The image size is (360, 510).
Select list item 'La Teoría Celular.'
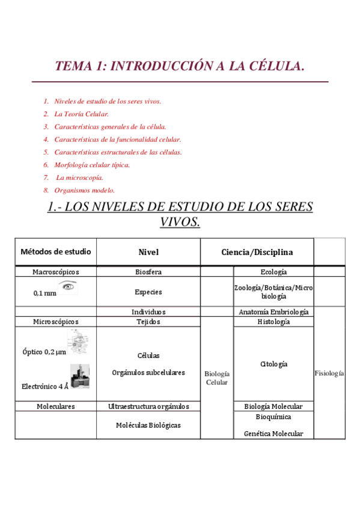[81, 114]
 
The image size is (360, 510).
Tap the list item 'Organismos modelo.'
[84, 190]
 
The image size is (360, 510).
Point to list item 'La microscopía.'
[80, 177]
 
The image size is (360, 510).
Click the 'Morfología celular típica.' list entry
[91, 165]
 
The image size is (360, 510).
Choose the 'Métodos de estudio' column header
[55, 251]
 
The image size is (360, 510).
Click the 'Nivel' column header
[148, 252]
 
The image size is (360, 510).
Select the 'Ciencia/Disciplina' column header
[257, 252]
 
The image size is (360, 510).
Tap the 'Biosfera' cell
[148, 272]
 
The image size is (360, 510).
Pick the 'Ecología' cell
[273, 272]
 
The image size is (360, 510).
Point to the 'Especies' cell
[148, 292]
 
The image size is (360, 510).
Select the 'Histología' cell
[273, 322]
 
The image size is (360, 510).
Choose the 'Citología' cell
[273, 364]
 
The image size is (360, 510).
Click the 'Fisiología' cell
[329, 373]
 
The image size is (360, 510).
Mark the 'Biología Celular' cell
[217, 378]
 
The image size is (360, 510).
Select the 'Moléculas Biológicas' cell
[148, 425]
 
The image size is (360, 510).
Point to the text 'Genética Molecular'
[273, 434]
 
